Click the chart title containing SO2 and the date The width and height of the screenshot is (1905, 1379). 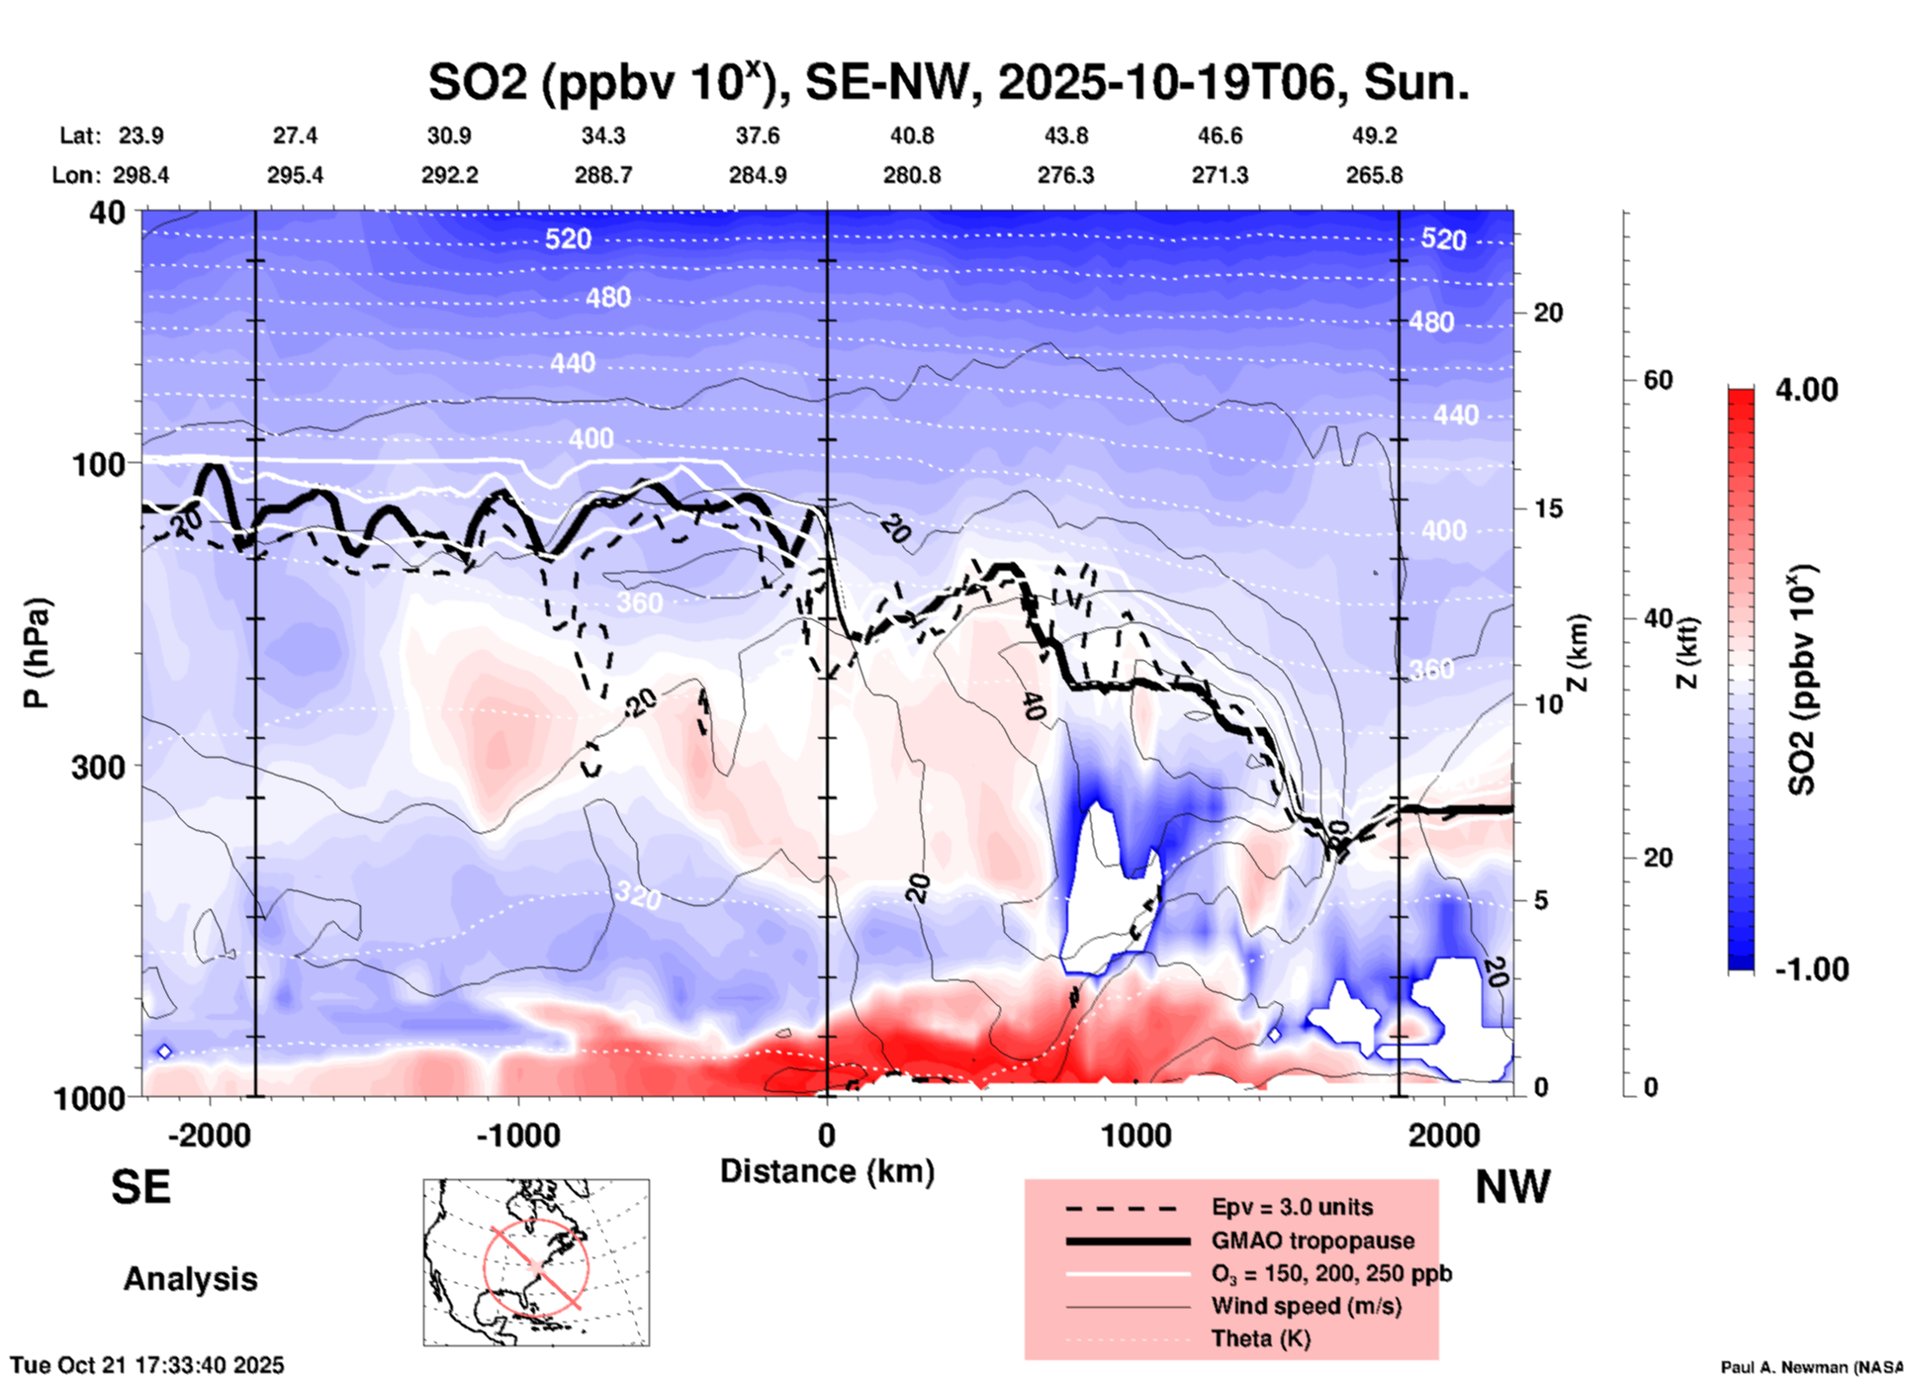948,82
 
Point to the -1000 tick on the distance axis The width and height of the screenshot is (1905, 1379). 518,1135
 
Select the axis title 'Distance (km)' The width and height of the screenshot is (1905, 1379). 827,1171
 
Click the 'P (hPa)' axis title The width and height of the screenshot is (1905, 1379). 37,653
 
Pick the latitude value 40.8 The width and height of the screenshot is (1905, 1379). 911,136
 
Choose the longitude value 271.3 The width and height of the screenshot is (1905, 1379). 1220,175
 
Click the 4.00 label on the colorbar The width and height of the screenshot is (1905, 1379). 1806,390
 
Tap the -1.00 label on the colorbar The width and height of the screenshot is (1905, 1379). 1811,968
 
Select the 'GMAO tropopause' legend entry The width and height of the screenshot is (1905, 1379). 1313,1241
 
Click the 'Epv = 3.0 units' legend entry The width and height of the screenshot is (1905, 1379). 1292,1207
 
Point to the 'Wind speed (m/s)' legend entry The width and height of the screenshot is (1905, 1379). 1306,1306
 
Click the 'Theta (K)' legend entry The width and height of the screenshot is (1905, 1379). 1260,1338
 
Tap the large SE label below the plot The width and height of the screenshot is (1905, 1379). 140,1187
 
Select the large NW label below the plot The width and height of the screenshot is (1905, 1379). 1512,1187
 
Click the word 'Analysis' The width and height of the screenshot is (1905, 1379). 190,1279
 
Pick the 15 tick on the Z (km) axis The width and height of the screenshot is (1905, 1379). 1547,508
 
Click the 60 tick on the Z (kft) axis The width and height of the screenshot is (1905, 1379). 1658,380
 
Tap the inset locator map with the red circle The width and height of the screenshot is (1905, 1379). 536,1262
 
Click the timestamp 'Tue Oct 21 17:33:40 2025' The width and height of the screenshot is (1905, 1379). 147,1365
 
